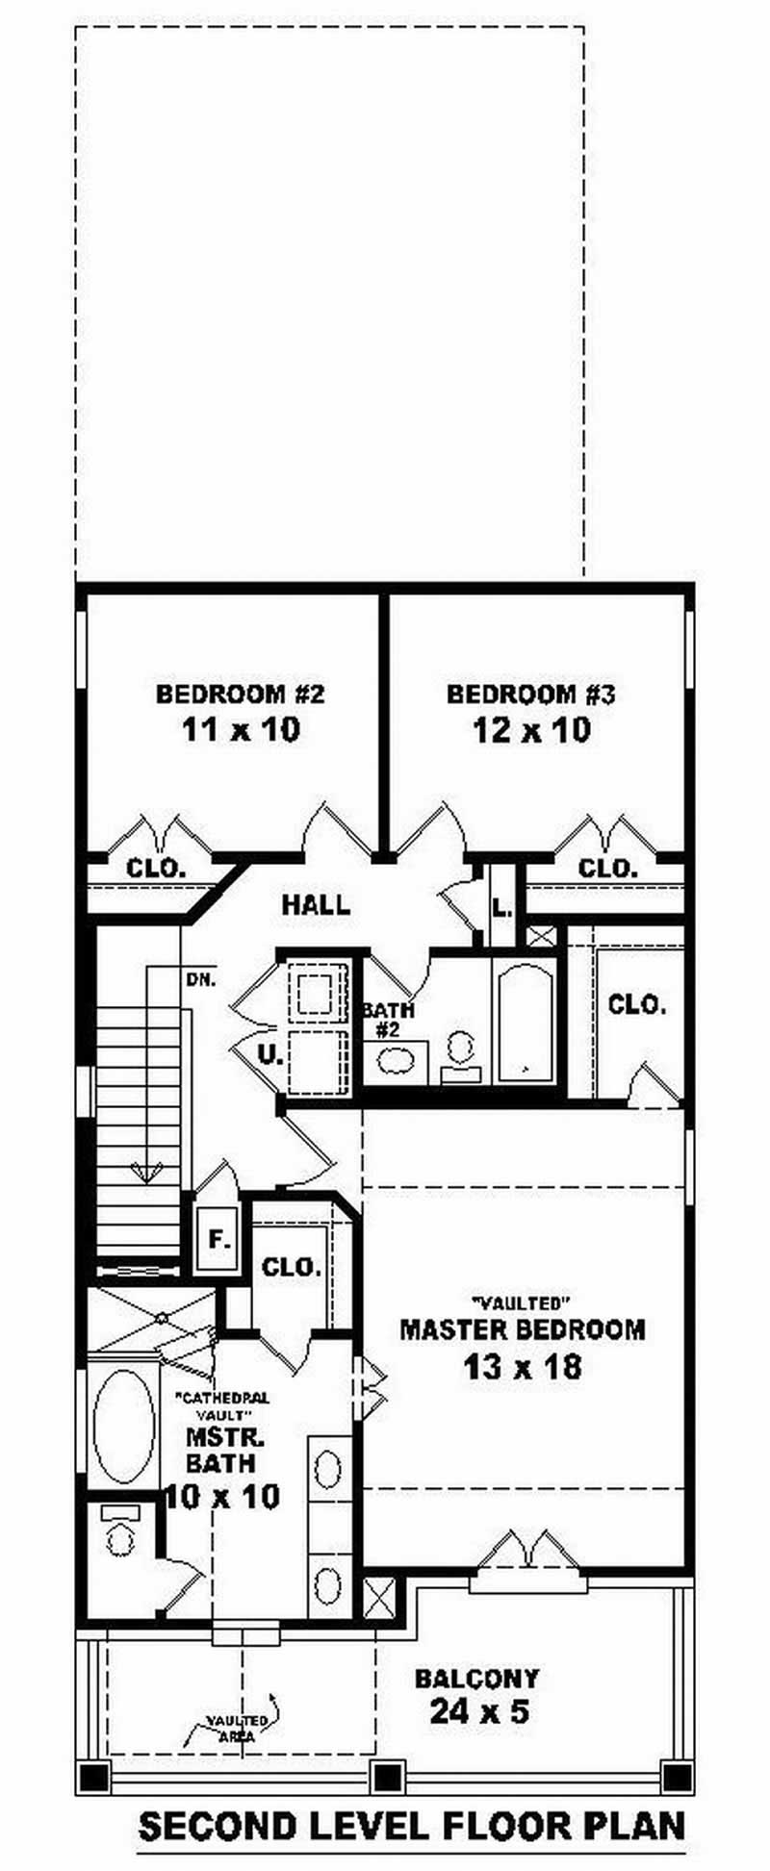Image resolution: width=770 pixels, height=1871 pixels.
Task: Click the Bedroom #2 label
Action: coord(240,694)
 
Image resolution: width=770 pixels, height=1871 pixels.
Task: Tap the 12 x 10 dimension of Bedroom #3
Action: coord(530,730)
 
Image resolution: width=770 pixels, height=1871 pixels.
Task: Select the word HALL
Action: coord(316,904)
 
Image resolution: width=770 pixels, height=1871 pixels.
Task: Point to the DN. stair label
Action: coord(201,980)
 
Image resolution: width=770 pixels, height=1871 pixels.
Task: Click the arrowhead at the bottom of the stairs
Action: coord(146,1172)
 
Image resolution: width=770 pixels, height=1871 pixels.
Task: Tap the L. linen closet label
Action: coord(501,907)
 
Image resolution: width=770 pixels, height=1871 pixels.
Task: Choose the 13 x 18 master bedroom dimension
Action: coord(523,1367)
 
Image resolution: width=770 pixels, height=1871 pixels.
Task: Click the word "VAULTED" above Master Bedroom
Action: coord(518,1303)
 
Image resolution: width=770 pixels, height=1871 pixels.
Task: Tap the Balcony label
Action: coord(476,1680)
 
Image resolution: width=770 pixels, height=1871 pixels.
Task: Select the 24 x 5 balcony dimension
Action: coord(478,1712)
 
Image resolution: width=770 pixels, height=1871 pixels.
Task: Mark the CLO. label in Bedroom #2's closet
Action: coord(156,869)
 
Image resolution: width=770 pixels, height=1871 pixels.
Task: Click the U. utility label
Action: coord(270,1054)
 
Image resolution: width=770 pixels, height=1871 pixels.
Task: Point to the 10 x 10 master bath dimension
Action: coord(222,1496)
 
